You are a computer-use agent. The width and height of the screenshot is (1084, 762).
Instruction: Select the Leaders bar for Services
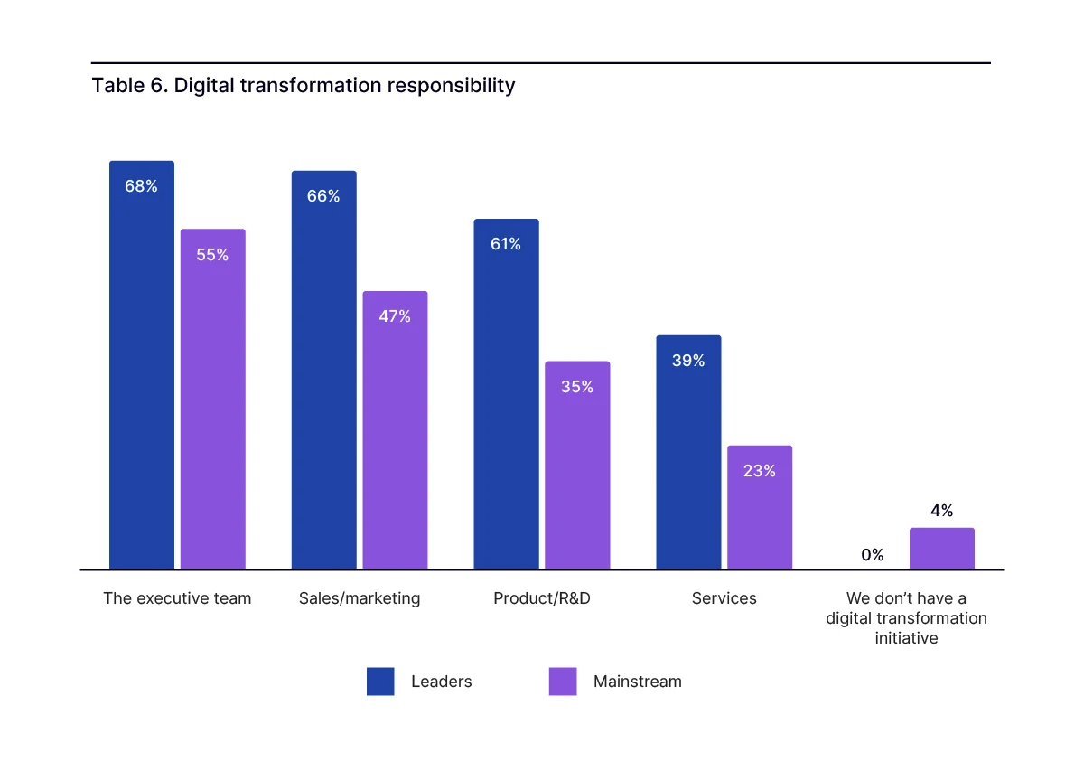(x=688, y=452)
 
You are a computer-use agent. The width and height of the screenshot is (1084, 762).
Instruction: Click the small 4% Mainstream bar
(x=942, y=549)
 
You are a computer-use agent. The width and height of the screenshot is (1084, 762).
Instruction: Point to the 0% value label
(x=873, y=555)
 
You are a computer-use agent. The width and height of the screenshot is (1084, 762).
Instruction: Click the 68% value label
(x=141, y=186)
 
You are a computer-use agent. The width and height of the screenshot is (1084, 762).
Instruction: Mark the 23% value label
(x=760, y=471)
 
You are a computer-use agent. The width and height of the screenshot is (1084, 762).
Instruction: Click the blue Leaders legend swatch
(x=380, y=682)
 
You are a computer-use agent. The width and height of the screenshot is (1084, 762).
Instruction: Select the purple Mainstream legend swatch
(x=563, y=682)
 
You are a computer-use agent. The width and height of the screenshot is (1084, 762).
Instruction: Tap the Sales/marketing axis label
(x=360, y=598)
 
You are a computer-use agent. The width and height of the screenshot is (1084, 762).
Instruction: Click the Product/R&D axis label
(x=542, y=598)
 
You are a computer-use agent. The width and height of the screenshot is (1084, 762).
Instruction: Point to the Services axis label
(x=724, y=598)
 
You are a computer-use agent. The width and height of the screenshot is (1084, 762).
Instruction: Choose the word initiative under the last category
(x=906, y=638)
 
